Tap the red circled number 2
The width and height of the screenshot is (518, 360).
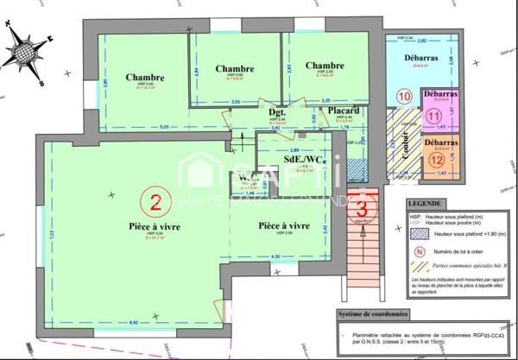click(x=155, y=204)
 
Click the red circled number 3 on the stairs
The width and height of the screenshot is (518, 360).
click(x=364, y=205)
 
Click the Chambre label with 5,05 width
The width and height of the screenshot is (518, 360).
click(x=144, y=76)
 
